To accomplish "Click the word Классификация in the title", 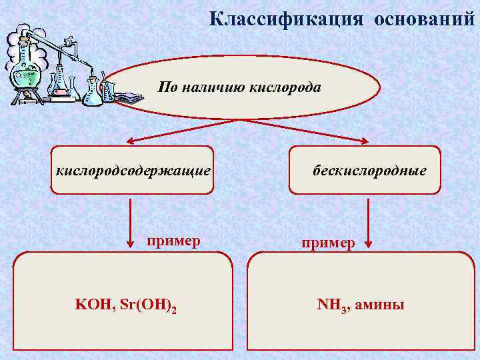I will pos(287,18).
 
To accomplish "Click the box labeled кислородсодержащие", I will pos(133,171).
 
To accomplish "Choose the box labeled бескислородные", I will pos(365,171).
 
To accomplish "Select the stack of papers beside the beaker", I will pos(130,99).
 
